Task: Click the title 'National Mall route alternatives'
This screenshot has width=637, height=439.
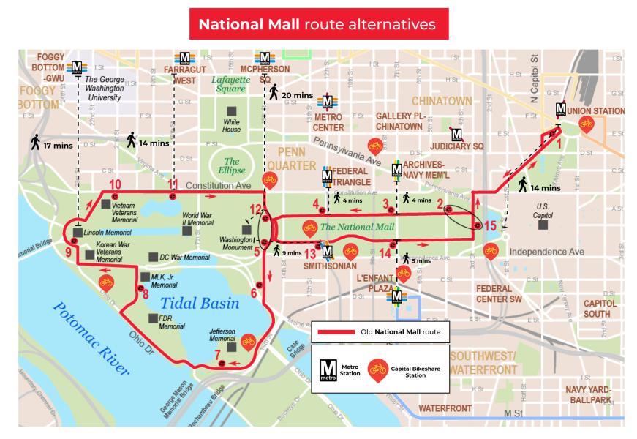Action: tap(319, 23)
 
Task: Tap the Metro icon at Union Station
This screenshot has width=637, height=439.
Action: tap(561, 110)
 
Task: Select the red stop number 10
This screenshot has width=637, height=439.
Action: tap(114, 184)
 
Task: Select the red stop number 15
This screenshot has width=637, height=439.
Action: tap(489, 226)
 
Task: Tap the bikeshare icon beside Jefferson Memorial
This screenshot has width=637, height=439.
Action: tap(248, 340)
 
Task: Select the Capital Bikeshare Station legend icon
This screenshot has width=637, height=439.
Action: tap(378, 369)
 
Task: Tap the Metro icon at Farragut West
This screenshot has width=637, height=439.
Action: tap(184, 59)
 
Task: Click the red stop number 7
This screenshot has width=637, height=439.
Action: tap(217, 356)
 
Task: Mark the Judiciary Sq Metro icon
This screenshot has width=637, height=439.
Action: tap(457, 135)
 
